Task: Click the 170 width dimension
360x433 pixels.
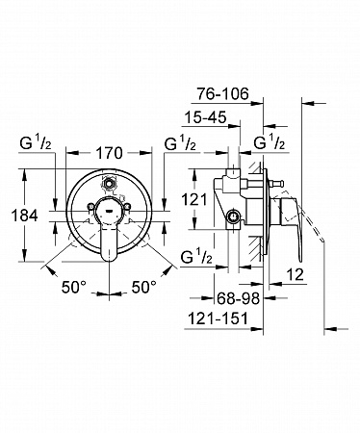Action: pos(110,153)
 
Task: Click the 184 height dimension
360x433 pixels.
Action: pos(25,216)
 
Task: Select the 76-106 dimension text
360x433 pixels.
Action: pos(222,94)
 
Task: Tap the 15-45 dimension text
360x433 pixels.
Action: pos(205,117)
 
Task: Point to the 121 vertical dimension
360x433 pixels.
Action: pos(194,200)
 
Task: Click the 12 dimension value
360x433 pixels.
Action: pos(295,275)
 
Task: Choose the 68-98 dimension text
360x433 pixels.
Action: pos(238,298)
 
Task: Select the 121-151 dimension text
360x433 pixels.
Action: pos(218,318)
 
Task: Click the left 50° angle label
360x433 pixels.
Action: pos(74,287)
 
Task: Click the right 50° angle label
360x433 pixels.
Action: pos(144,287)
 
